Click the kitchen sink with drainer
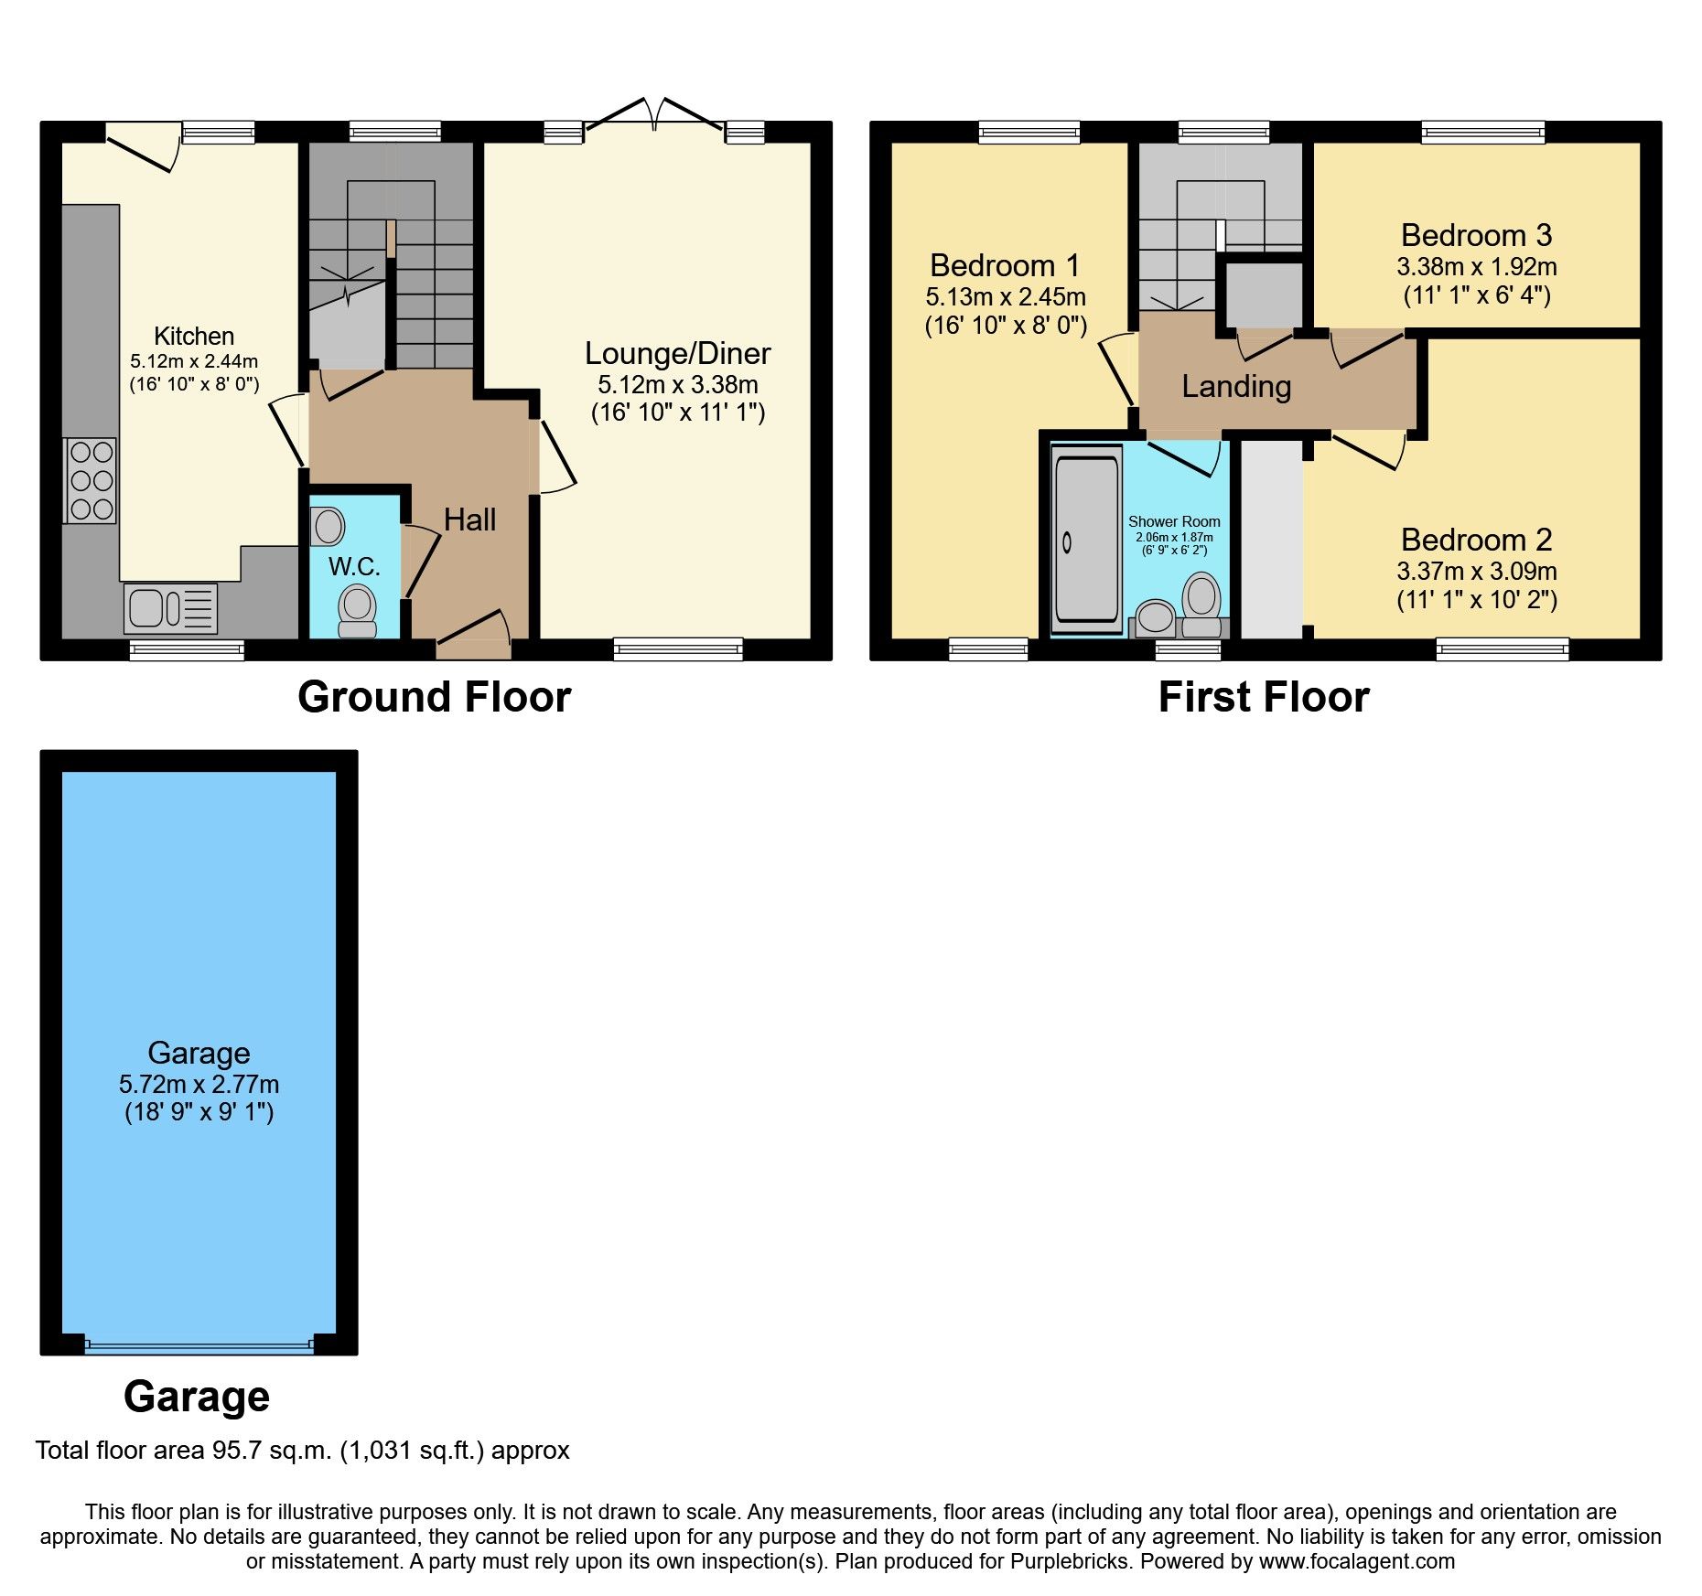tap(170, 608)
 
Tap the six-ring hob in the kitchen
tap(91, 480)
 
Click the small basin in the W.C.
tap(328, 527)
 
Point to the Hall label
tap(469, 520)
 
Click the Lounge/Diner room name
tap(677, 353)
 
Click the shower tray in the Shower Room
tap(1086, 540)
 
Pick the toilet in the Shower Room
tap(1201, 605)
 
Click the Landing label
tap(1236, 386)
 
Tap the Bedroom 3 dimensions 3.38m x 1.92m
tap(1476, 267)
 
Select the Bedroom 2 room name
tap(1476, 540)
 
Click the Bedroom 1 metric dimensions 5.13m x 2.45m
tap(1005, 297)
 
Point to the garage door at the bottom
tap(199, 1344)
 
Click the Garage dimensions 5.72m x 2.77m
tap(199, 1085)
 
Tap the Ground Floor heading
tap(434, 697)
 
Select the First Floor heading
tap(1263, 697)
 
